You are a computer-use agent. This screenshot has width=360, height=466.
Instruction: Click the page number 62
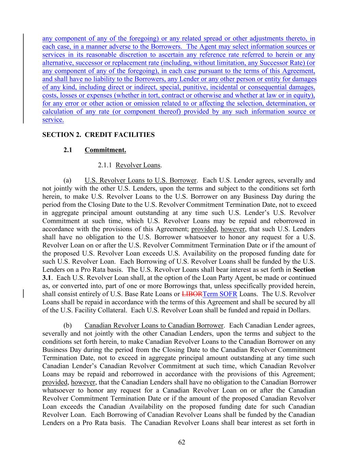(182, 442)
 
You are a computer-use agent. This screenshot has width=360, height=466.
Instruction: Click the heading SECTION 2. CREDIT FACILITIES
(98, 135)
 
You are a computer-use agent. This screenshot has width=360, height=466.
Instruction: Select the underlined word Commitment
(105, 150)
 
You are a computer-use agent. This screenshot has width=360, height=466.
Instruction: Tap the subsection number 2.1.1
(105, 165)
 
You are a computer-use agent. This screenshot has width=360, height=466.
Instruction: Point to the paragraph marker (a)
(67, 180)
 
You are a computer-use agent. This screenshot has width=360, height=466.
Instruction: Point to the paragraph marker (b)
(67, 325)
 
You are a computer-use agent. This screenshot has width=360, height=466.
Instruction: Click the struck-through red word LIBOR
(192, 294)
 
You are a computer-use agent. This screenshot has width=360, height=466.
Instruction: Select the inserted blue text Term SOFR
(220, 294)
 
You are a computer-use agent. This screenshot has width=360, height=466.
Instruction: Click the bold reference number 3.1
(46, 278)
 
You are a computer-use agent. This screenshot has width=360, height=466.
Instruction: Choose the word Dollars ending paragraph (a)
(298, 310)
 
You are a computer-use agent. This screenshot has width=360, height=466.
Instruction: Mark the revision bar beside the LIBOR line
(23, 294)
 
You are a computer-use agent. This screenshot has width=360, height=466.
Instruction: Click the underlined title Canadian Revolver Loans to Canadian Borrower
(154, 325)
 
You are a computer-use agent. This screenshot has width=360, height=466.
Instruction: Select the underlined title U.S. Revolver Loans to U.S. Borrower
(140, 180)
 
